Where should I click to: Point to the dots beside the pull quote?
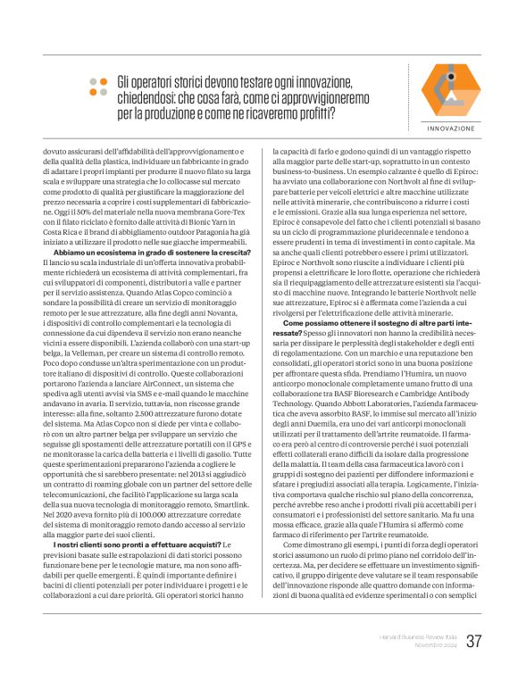point(97,86)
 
